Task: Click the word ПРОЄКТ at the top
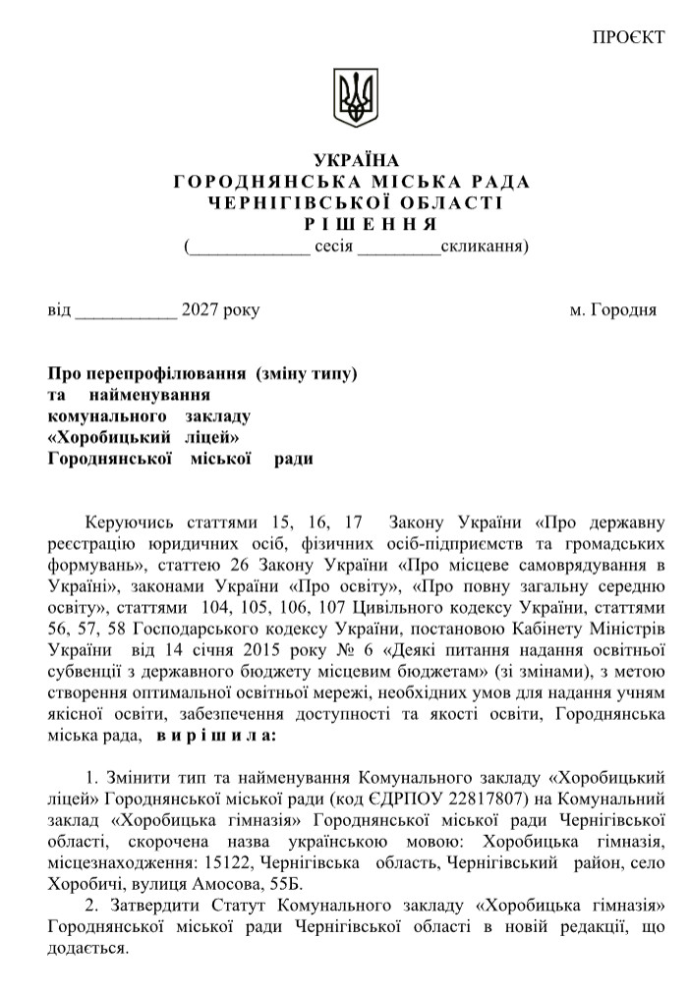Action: click(x=629, y=37)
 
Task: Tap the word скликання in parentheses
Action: click(x=482, y=246)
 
